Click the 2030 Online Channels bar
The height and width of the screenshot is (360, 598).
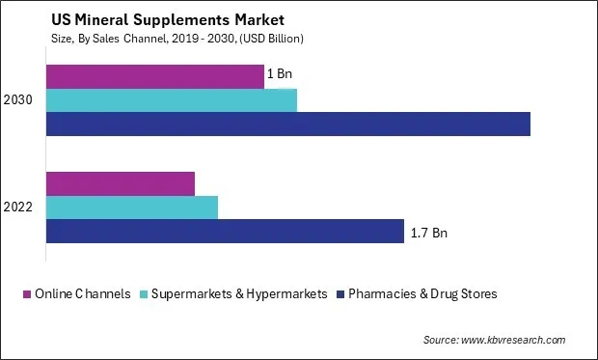point(155,76)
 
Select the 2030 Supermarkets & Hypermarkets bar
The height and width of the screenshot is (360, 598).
point(172,100)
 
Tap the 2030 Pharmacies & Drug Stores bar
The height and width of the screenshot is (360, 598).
point(288,124)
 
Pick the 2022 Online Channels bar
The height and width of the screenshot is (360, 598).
point(121,183)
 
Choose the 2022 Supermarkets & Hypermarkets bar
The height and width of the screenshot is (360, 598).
point(132,207)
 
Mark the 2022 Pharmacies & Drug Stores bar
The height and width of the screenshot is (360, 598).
point(225,231)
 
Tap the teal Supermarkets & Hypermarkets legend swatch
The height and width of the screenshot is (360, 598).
point(145,293)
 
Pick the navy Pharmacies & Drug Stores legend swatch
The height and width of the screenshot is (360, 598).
point(342,293)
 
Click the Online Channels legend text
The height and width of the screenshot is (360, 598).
point(82,293)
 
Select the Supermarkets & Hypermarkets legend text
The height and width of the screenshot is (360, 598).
point(240,293)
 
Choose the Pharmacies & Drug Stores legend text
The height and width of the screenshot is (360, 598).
point(425,293)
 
